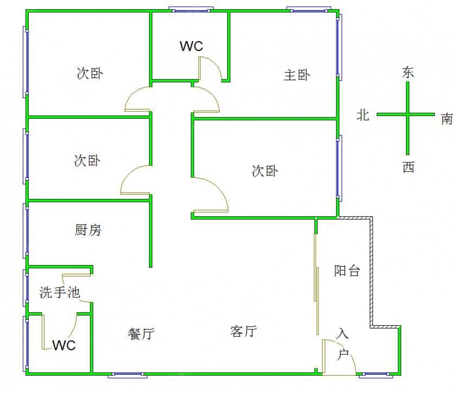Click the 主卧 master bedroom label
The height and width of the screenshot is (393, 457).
point(297,75)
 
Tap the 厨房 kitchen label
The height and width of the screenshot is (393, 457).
point(88,230)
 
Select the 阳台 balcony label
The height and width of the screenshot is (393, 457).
point(347,271)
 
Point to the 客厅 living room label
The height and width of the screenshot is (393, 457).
point(243,331)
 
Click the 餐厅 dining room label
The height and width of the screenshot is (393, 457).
point(140,334)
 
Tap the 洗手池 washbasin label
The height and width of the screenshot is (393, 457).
point(60,292)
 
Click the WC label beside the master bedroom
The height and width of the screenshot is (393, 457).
point(191,46)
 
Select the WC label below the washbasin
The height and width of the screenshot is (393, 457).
point(64,345)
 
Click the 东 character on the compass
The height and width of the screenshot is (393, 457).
point(408,72)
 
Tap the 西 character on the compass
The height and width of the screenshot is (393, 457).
point(408,167)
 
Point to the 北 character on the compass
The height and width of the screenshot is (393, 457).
point(363,115)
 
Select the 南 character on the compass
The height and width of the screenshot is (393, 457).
point(446,119)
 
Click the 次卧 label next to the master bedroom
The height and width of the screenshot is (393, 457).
point(265,171)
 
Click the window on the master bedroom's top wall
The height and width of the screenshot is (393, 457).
point(308,9)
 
